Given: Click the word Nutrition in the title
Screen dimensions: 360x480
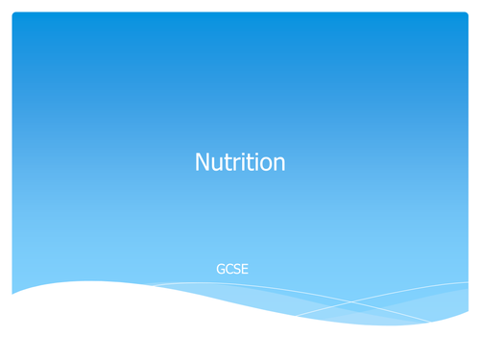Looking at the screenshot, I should coord(240,163).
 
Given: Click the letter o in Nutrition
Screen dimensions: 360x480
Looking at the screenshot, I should coord(265,165).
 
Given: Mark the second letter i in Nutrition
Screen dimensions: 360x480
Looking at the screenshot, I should coord(254,164).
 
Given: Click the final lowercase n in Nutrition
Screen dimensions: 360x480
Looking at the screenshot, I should coord(278,165).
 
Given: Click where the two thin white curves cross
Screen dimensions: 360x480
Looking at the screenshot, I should coord(351,304).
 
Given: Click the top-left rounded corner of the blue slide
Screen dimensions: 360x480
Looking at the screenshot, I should coord(14,14).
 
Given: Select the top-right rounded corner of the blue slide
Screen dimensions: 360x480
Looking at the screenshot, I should coord(466,14).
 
